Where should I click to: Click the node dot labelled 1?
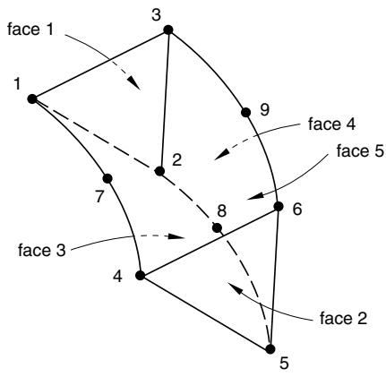[x=32, y=99]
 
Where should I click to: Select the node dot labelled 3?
[x=168, y=30]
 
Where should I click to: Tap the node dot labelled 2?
[x=159, y=171]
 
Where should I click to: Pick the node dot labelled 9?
[x=245, y=113]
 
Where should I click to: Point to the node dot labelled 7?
[x=107, y=178]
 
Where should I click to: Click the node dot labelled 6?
[x=279, y=206]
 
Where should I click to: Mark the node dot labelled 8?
[x=217, y=228]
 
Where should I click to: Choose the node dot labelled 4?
[x=140, y=275]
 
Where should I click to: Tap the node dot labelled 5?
[x=270, y=349]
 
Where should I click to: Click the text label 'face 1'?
[x=30, y=30]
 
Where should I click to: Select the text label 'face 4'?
[x=331, y=124]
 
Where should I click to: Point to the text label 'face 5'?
[x=360, y=150]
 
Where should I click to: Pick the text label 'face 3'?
[x=41, y=250]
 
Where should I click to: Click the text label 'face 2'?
[x=343, y=318]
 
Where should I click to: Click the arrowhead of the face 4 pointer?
[x=221, y=155]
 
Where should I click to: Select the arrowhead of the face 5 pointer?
[x=254, y=196]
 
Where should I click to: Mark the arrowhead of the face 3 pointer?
[x=176, y=236]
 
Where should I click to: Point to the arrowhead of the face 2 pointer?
[x=235, y=287]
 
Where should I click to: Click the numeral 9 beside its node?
[x=264, y=109]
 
